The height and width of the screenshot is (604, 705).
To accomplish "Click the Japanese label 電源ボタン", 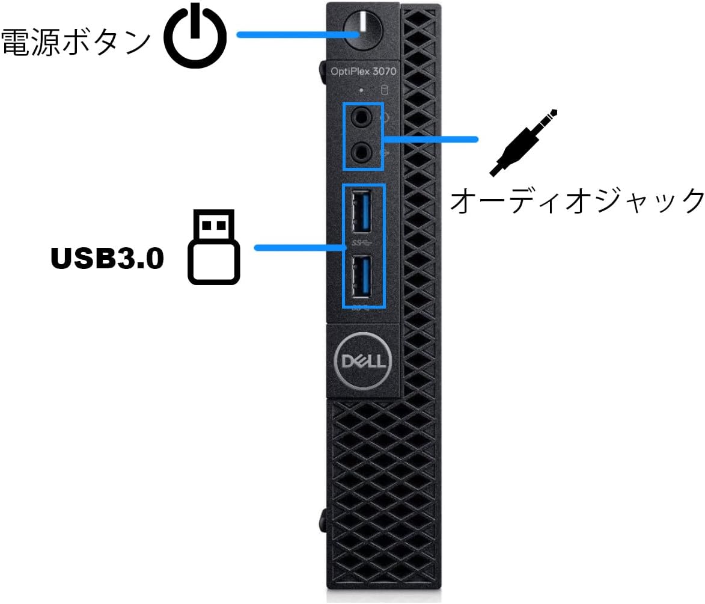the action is (76, 42).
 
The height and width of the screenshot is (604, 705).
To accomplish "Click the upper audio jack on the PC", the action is (361, 117).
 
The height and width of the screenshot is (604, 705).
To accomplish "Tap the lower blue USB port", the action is (361, 278).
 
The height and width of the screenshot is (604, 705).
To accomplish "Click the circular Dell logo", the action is (362, 360).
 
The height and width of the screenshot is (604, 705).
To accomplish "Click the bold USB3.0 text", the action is (107, 259).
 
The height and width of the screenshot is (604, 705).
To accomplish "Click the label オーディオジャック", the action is (577, 200).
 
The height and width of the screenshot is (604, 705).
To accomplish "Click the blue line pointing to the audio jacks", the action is (430, 140).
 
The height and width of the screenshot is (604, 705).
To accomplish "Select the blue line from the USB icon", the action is (298, 247).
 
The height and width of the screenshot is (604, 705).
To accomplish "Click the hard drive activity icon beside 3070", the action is (385, 91).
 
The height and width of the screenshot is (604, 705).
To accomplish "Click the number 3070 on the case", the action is (383, 71).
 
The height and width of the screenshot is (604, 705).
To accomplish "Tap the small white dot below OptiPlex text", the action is (361, 91).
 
